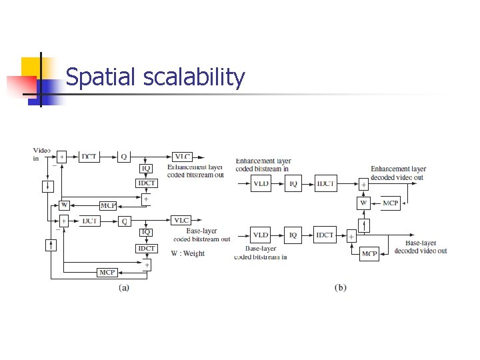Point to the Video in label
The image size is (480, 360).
(41, 155)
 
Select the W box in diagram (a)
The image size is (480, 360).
(63, 205)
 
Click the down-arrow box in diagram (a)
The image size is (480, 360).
(49, 187)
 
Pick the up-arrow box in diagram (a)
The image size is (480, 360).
(50, 245)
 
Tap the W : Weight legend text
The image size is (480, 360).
(188, 253)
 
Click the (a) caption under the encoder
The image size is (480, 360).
(124, 288)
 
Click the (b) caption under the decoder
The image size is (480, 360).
(340, 288)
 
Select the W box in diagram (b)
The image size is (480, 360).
(364, 203)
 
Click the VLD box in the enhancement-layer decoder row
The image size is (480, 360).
(261, 184)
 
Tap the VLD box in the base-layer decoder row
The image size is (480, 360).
(261, 234)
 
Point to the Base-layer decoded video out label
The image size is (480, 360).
(420, 247)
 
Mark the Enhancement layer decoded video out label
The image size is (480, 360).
(398, 173)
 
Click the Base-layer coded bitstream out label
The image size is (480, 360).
(201, 235)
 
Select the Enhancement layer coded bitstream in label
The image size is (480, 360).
(263, 165)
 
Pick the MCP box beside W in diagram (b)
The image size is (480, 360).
(391, 203)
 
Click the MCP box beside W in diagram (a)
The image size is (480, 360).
(108, 205)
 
